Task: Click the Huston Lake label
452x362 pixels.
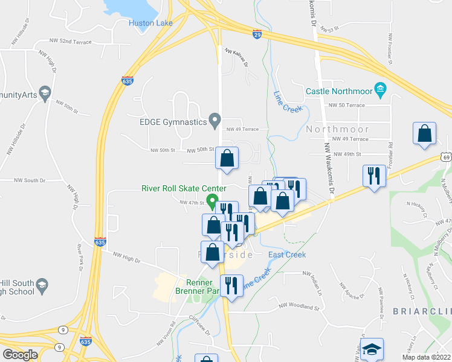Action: [x=150, y=24]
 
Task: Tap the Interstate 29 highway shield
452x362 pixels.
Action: [x=257, y=36]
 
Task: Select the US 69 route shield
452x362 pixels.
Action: [x=447, y=157]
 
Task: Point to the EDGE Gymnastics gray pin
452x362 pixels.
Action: [x=214, y=121]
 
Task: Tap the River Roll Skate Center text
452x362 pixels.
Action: [x=184, y=188]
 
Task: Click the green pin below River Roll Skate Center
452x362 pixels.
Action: [x=212, y=200]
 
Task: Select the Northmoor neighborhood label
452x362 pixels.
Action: [x=337, y=129]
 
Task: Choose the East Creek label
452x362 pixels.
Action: [x=287, y=255]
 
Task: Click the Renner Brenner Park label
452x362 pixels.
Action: [x=199, y=287]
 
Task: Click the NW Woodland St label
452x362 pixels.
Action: [x=299, y=307]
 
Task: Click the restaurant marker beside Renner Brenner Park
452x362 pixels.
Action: [x=231, y=285]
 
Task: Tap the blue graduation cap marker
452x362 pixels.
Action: [x=372, y=348]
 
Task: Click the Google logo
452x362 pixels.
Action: [x=20, y=355]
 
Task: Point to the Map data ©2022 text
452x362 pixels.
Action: [x=426, y=357]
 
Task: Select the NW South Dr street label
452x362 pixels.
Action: [x=27, y=180]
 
